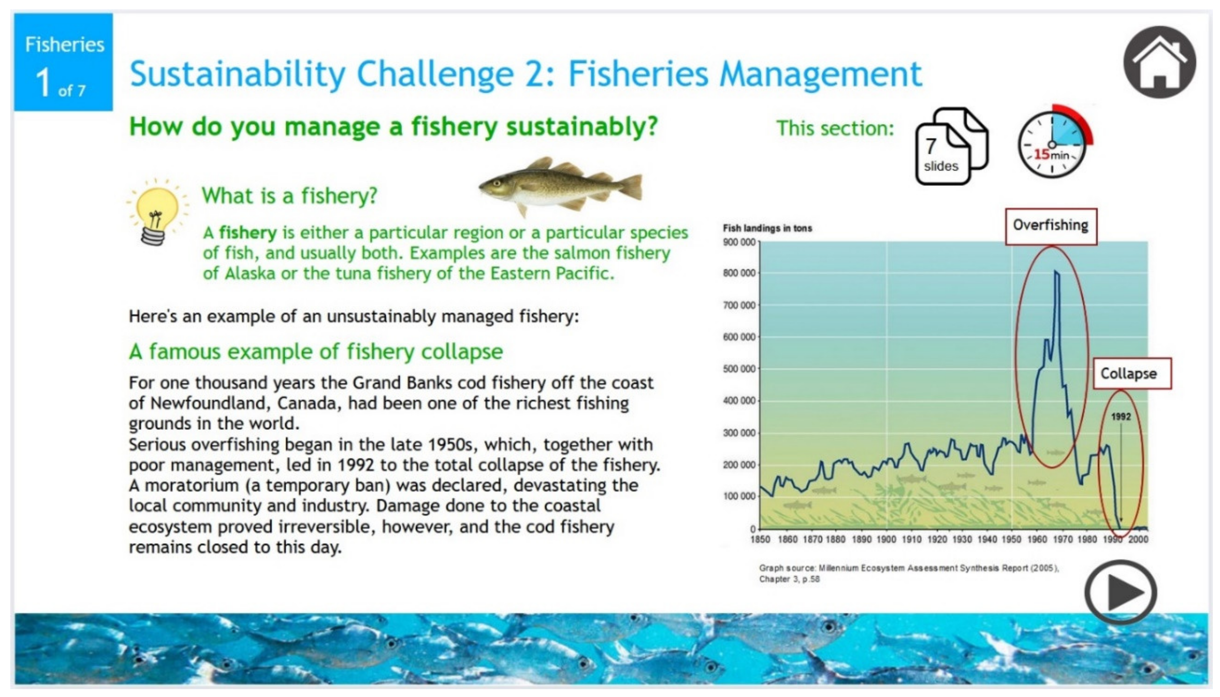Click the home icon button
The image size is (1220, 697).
pos(1159,62)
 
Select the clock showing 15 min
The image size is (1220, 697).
pos(1052,144)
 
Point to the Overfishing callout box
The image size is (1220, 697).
pos(1051,226)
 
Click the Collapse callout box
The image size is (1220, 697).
pos(1132,373)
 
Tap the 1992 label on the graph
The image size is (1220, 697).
pos(1120,416)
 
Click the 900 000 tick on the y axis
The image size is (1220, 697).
pos(739,242)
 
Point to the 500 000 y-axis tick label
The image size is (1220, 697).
pos(739,369)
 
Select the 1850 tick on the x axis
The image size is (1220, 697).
pos(760,540)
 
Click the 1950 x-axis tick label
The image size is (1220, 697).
pos(1011,540)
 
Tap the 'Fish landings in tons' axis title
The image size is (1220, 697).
pos(767,228)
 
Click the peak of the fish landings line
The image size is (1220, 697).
pos(1056,272)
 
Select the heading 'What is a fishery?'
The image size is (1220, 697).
pos(289,196)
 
